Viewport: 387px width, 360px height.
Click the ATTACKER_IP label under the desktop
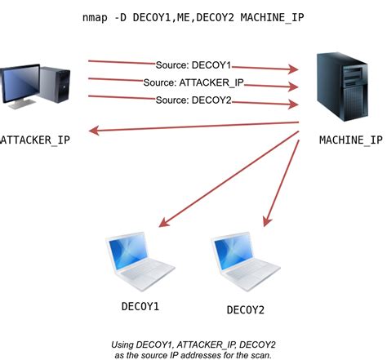(35, 140)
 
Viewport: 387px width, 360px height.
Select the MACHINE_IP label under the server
(350, 140)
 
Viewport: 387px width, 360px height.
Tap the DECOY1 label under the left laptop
(139, 306)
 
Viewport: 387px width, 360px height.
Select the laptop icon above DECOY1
(140, 260)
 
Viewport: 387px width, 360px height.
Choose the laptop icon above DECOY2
(245, 260)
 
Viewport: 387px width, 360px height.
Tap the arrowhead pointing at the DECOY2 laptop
(265, 222)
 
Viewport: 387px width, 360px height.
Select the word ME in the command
(185, 17)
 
